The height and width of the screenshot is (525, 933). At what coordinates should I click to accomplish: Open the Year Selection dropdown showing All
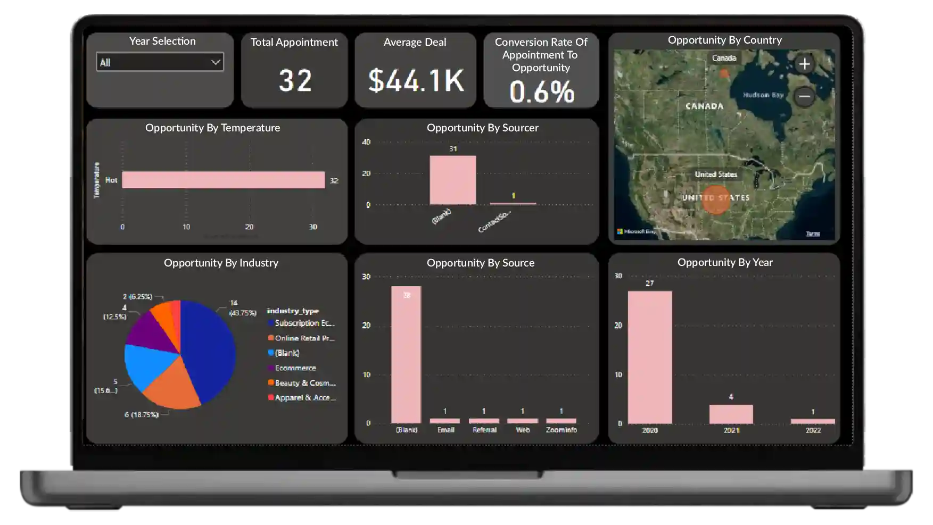pos(160,62)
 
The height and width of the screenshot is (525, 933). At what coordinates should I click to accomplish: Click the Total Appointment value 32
pos(295,80)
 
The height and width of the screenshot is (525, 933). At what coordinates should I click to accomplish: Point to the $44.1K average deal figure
pos(416,80)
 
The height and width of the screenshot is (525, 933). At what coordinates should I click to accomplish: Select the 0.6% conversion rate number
pos(541,91)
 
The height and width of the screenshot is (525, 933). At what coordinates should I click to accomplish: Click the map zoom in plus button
pos(804,64)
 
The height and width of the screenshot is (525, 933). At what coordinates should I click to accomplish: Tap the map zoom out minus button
pos(804,96)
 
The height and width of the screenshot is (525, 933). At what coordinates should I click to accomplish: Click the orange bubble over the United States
pos(716,199)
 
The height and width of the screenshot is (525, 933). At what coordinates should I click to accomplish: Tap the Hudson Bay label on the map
pos(763,95)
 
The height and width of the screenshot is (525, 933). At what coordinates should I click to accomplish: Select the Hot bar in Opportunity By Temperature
pos(223,180)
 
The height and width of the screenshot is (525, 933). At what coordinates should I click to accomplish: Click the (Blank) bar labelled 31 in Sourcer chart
pos(452,180)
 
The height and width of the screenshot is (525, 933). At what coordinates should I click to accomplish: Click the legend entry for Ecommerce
pos(295,368)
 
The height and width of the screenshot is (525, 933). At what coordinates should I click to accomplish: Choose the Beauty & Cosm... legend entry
pos(304,383)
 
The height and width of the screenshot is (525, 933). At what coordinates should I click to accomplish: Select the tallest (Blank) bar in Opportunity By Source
pos(406,354)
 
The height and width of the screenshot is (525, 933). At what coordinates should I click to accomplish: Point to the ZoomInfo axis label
pos(561,430)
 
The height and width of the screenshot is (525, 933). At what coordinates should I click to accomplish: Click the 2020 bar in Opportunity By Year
pos(649,357)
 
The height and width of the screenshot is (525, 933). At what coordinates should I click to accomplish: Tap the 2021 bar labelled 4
pos(731,414)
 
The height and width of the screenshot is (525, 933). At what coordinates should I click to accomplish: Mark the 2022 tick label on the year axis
pos(813,430)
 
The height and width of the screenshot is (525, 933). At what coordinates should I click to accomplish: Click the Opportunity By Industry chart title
pos(221,263)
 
